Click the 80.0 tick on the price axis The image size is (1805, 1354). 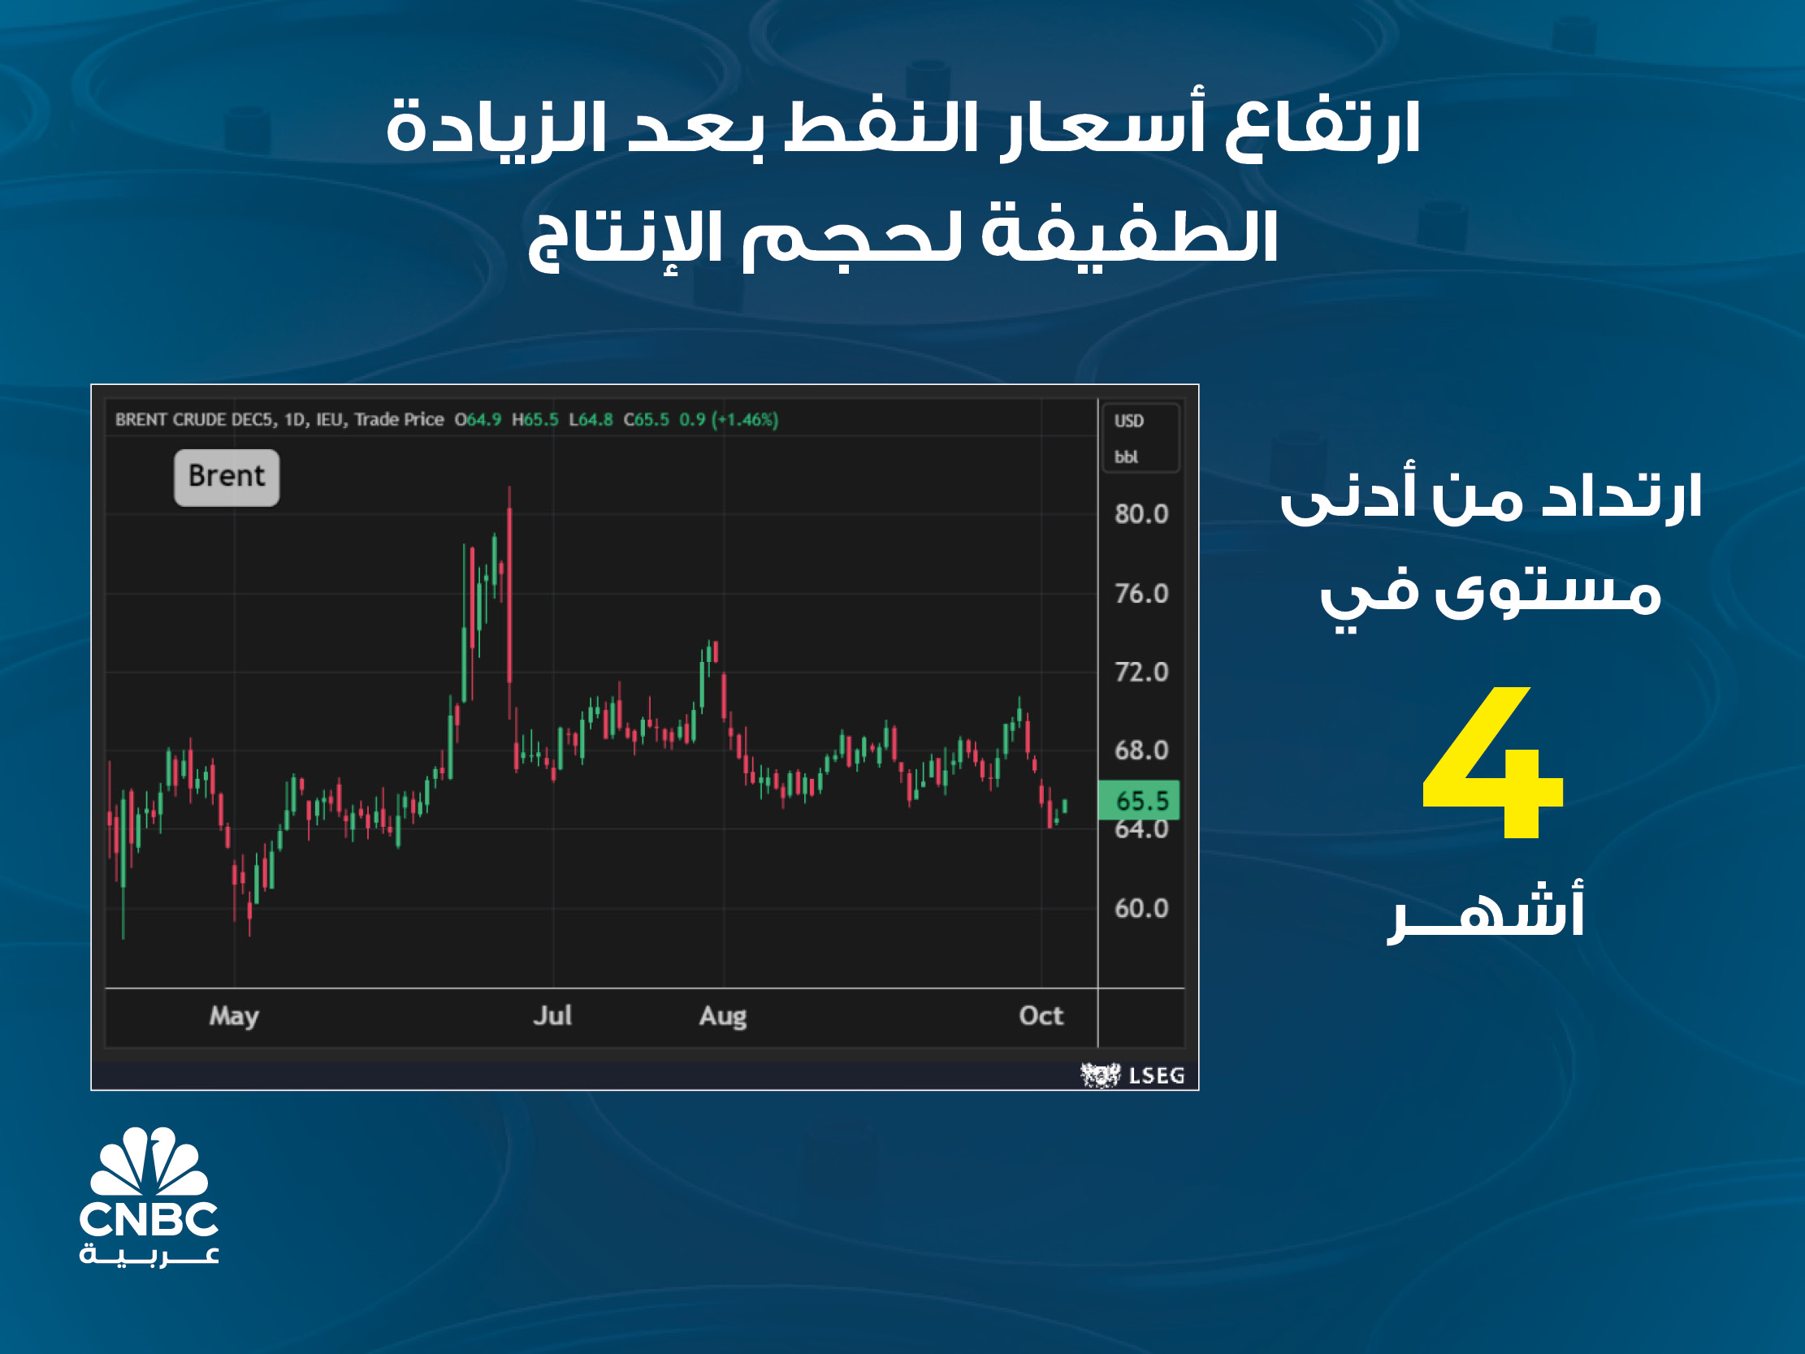pos(1141,514)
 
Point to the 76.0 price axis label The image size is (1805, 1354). pos(1141,594)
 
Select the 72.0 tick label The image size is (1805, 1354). pos(1141,673)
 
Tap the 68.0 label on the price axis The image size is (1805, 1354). pos(1141,751)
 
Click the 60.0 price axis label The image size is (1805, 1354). pos(1141,908)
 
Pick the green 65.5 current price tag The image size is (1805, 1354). pos(1139,800)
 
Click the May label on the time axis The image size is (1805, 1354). pos(234,1016)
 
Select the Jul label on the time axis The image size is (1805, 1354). pos(552,1015)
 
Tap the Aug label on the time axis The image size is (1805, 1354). pos(723,1017)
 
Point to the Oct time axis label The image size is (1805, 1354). pos(1041,1015)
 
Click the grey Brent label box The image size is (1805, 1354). pos(227,478)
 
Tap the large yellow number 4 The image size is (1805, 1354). pos(1492,763)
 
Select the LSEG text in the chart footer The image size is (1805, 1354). pos(1156,1075)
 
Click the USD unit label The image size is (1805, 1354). pos(1129,421)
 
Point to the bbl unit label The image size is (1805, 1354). pos(1126,457)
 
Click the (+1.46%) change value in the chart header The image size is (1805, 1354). pos(745,419)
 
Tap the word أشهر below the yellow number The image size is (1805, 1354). pos(1485,912)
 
